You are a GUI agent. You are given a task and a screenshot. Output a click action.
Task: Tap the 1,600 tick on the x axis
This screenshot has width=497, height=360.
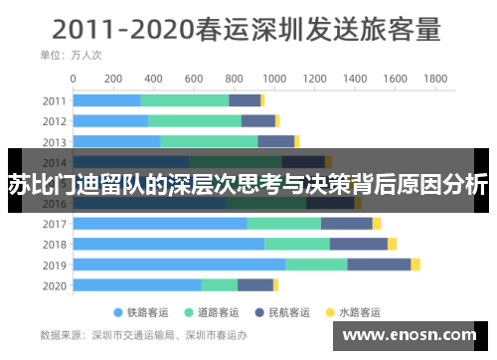click(395, 78)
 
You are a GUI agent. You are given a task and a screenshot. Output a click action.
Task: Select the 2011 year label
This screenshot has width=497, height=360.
click(55, 100)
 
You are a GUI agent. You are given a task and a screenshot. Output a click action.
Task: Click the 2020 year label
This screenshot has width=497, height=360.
click(55, 285)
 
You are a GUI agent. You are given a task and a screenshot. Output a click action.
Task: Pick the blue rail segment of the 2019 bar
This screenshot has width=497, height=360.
click(179, 265)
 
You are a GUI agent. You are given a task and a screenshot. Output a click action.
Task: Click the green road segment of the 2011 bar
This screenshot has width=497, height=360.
click(185, 100)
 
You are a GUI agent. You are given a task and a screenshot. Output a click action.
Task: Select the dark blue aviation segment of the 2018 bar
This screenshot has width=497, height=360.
click(358, 244)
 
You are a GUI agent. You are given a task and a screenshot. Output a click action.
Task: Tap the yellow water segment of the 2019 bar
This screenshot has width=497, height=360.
click(415, 265)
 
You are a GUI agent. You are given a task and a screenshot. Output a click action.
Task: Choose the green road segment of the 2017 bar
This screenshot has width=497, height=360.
click(283, 223)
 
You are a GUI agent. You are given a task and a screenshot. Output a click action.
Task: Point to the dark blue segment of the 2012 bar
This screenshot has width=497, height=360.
click(258, 121)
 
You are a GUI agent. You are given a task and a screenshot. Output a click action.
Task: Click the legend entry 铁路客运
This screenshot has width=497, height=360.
click(145, 311)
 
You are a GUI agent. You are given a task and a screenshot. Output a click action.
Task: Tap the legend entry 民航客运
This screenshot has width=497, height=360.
click(295, 311)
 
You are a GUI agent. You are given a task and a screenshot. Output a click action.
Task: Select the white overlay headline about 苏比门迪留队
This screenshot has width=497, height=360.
click(248, 183)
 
